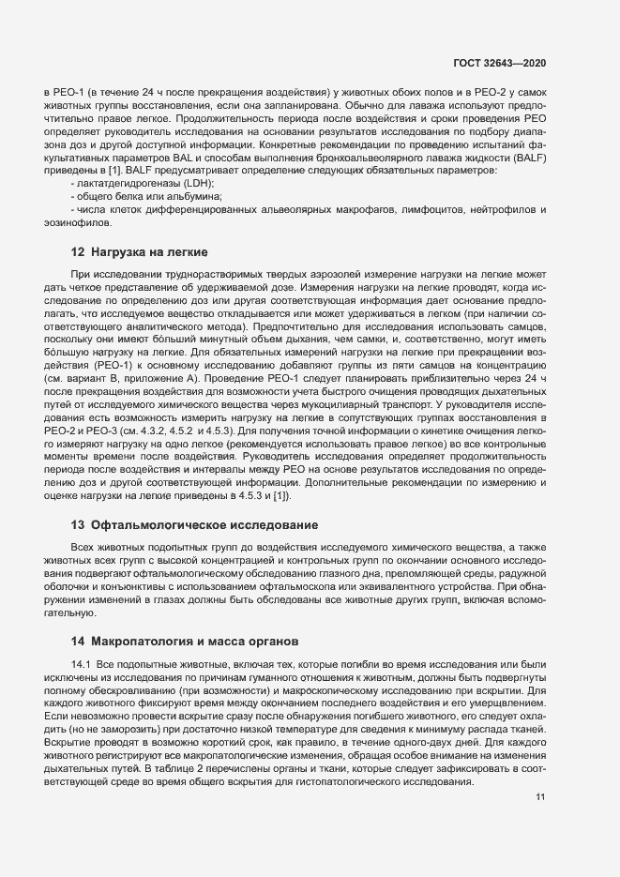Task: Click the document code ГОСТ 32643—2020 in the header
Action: coord(500,62)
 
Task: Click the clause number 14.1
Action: coord(82,664)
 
